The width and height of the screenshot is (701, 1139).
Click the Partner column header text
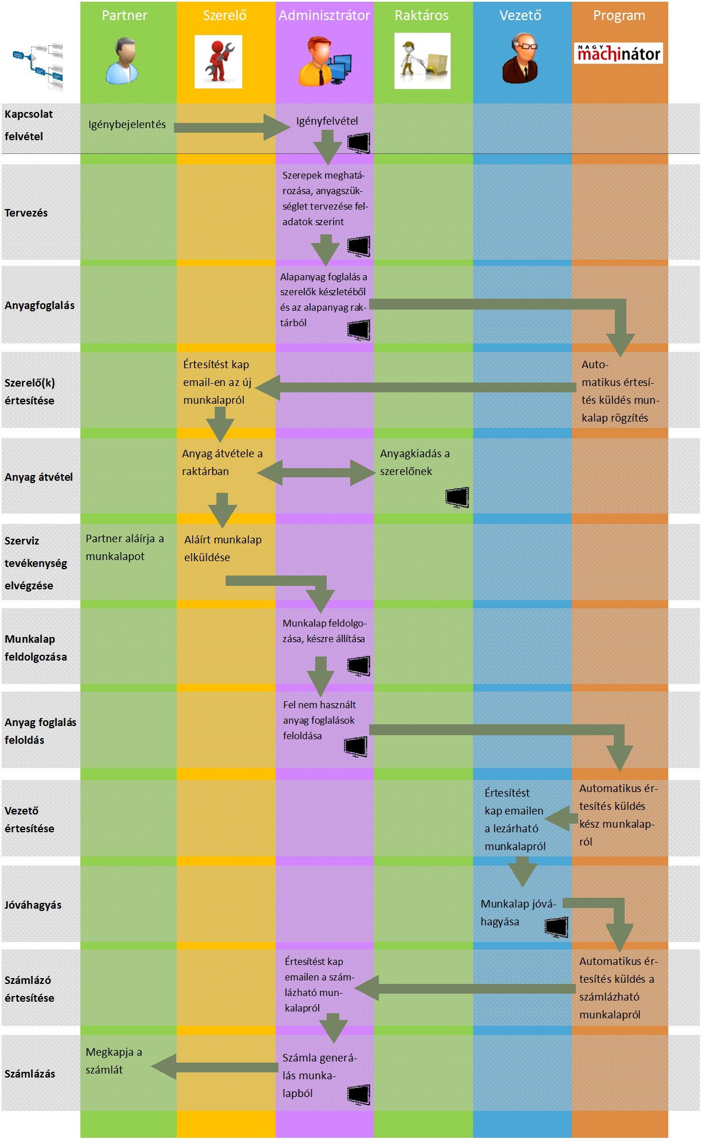(x=124, y=16)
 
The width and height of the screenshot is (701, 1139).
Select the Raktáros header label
(x=421, y=16)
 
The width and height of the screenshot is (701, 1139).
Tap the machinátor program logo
(x=618, y=53)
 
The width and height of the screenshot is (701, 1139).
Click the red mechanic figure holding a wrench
(x=218, y=61)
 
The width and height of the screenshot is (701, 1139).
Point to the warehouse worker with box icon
(x=422, y=61)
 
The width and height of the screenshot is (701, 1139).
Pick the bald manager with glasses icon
(x=521, y=58)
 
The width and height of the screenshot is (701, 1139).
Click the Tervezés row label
(x=26, y=213)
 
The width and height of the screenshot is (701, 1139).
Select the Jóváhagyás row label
(x=33, y=905)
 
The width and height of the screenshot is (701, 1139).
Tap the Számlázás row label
(x=30, y=1074)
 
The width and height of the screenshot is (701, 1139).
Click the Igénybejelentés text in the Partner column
(x=127, y=125)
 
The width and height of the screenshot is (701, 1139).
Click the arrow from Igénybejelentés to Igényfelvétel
(x=230, y=127)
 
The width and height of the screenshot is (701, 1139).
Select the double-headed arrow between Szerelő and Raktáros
(x=316, y=473)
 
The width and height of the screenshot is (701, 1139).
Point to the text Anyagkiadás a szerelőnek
(x=415, y=462)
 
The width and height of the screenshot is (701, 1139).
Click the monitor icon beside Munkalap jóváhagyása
(x=556, y=926)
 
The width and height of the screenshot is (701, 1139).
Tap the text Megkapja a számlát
(x=114, y=1061)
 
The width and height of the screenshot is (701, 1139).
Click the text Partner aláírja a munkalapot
(x=125, y=547)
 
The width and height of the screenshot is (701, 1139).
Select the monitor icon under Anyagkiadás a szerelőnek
(x=458, y=497)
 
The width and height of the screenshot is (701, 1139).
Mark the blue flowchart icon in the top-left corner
(x=38, y=65)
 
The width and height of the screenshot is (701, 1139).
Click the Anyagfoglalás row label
(x=40, y=306)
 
